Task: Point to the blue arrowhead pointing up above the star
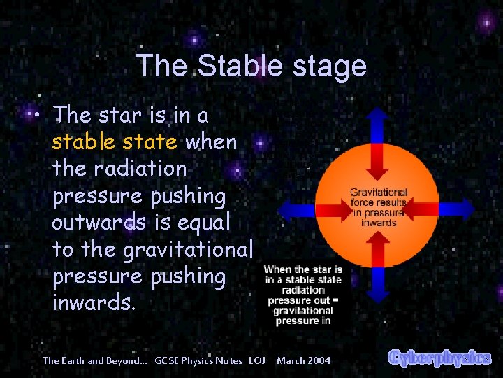click(x=378, y=115)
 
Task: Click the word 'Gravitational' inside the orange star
click(x=378, y=192)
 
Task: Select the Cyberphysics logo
click(x=439, y=358)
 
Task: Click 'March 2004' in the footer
click(x=304, y=360)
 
